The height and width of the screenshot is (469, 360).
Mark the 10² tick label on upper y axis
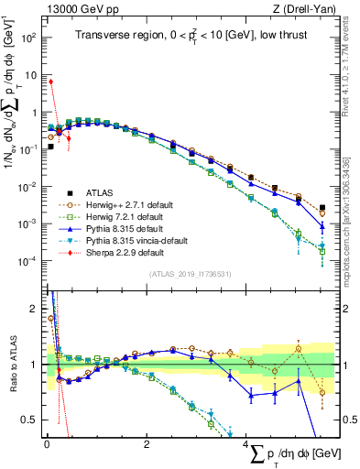coord(27,38)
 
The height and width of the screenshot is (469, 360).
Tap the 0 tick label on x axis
coord(47,444)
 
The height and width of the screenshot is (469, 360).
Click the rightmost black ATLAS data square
coord(322,208)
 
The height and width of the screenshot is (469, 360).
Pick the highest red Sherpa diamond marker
coord(51,82)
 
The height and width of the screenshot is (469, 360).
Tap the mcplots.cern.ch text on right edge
coord(353,211)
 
